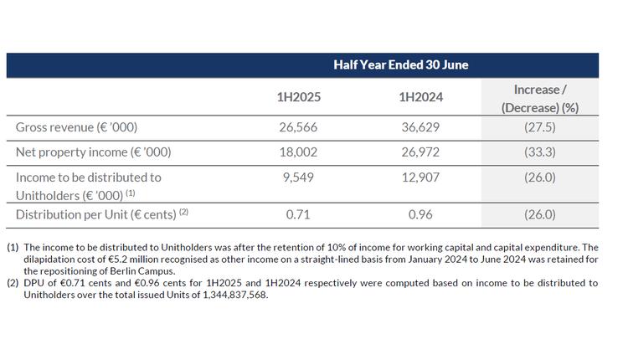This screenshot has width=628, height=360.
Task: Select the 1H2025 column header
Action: point(299,97)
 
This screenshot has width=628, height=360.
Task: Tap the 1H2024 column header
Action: point(420,97)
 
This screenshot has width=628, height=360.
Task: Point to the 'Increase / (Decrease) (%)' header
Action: point(540,98)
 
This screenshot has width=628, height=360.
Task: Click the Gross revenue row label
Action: point(76,127)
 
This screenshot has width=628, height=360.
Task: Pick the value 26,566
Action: point(299,127)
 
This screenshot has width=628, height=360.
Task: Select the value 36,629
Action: point(420,127)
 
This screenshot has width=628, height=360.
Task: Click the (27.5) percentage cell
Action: point(540,127)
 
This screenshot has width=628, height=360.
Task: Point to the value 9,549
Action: point(299,177)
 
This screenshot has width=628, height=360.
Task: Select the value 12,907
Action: point(420,177)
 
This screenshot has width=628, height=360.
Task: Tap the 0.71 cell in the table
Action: point(299,214)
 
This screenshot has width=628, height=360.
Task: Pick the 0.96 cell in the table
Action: point(420,214)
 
